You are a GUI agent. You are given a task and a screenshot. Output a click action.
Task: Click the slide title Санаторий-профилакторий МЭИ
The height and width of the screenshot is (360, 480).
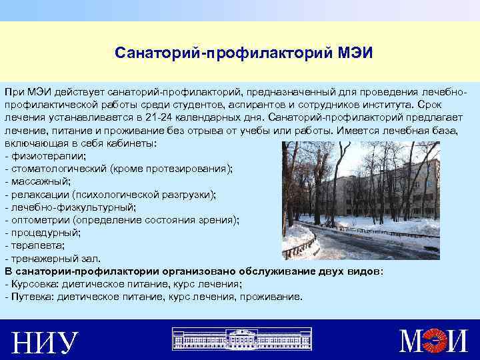[x=239, y=52]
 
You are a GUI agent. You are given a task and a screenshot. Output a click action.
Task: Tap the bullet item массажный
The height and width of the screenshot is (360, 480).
[x=40, y=181]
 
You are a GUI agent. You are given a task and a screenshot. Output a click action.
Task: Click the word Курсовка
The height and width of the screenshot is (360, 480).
[x=33, y=284]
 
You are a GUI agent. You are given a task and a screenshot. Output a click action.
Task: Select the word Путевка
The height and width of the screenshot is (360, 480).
[x=31, y=297]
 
